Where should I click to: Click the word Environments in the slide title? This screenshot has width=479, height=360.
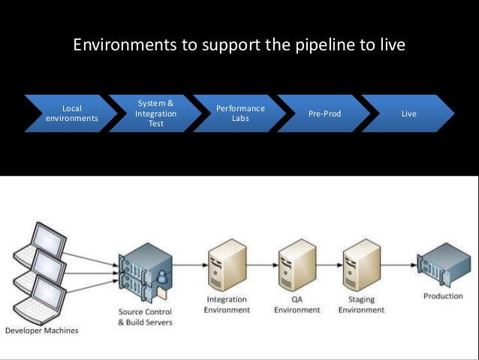coord(125,44)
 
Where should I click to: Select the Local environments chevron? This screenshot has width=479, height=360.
coord(71,113)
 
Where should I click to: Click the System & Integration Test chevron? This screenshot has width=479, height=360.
coord(155,113)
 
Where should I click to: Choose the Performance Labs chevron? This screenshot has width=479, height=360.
coord(239,113)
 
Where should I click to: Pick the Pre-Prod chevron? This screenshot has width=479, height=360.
coord(324,113)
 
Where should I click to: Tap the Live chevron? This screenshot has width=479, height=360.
coord(408,113)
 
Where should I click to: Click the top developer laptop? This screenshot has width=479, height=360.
coord(41,245)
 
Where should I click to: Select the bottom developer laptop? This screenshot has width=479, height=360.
coord(41,300)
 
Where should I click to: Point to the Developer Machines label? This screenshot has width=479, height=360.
coord(42,331)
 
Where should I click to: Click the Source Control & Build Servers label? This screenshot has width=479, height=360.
coord(145,317)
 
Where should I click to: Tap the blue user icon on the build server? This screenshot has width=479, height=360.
coord(161,277)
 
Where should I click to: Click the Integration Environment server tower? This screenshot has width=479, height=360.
coord(227,265)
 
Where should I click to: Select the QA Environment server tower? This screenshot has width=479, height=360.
coord(297,265)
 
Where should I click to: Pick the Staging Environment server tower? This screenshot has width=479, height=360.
coord(362,265)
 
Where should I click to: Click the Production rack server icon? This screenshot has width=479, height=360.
coord(444,265)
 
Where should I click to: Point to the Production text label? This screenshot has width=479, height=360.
coord(443,296)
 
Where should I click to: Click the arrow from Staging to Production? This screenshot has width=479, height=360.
coord(399,265)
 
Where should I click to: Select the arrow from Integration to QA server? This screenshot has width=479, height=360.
coord(263,265)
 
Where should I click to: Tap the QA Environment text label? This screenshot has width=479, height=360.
coord(297,304)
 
